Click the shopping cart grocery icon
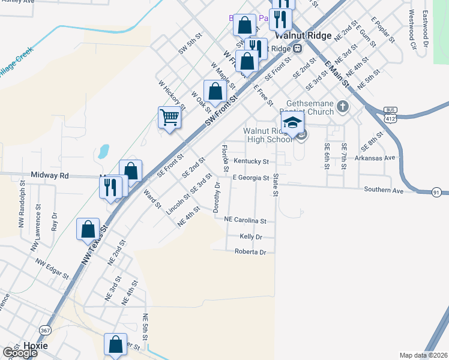point(170,117)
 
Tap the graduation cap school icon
point(292,123)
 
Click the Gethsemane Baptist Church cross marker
point(343,107)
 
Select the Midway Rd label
point(50,176)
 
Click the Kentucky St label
point(251,161)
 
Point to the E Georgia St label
point(251,178)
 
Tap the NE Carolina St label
point(245,221)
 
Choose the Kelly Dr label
point(251,237)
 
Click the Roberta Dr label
point(250,252)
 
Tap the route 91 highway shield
point(437,192)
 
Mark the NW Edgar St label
point(52,269)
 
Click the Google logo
point(20,352)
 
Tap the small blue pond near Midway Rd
point(103,151)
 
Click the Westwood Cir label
point(412,28)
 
